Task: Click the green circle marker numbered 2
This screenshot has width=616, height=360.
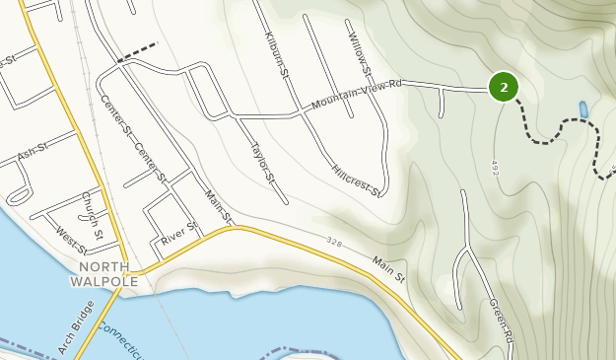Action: (504, 88)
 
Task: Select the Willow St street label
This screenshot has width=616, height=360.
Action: (360, 54)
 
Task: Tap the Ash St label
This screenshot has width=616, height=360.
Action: (33, 151)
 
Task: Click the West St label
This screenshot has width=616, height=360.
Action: (72, 240)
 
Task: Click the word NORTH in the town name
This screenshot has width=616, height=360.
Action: (104, 267)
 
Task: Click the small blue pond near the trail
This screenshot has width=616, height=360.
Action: (583, 108)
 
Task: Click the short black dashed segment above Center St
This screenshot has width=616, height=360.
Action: (137, 53)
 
